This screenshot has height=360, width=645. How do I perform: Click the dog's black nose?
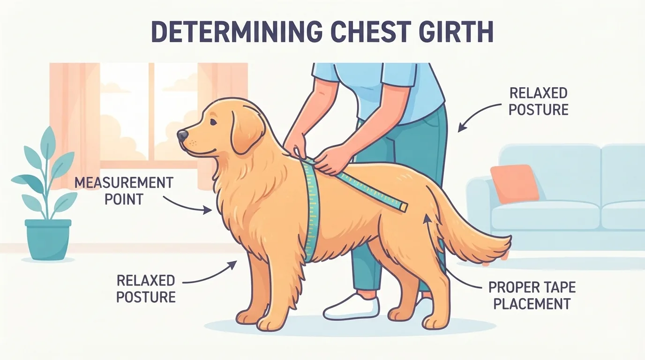point(182,135)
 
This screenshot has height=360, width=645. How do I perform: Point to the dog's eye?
point(213,122)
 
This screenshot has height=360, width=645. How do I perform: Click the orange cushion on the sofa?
point(514,184)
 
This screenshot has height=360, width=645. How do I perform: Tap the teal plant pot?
point(48,240)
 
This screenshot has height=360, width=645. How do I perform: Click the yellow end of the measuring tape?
point(403,207)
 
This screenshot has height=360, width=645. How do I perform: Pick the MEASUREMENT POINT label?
point(124,191)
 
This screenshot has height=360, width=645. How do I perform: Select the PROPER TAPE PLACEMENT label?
point(532,295)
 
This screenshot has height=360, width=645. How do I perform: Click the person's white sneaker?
point(351,307)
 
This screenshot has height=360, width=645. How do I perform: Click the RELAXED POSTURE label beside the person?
point(539,101)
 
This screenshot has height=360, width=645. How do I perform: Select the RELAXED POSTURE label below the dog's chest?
point(146,288)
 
